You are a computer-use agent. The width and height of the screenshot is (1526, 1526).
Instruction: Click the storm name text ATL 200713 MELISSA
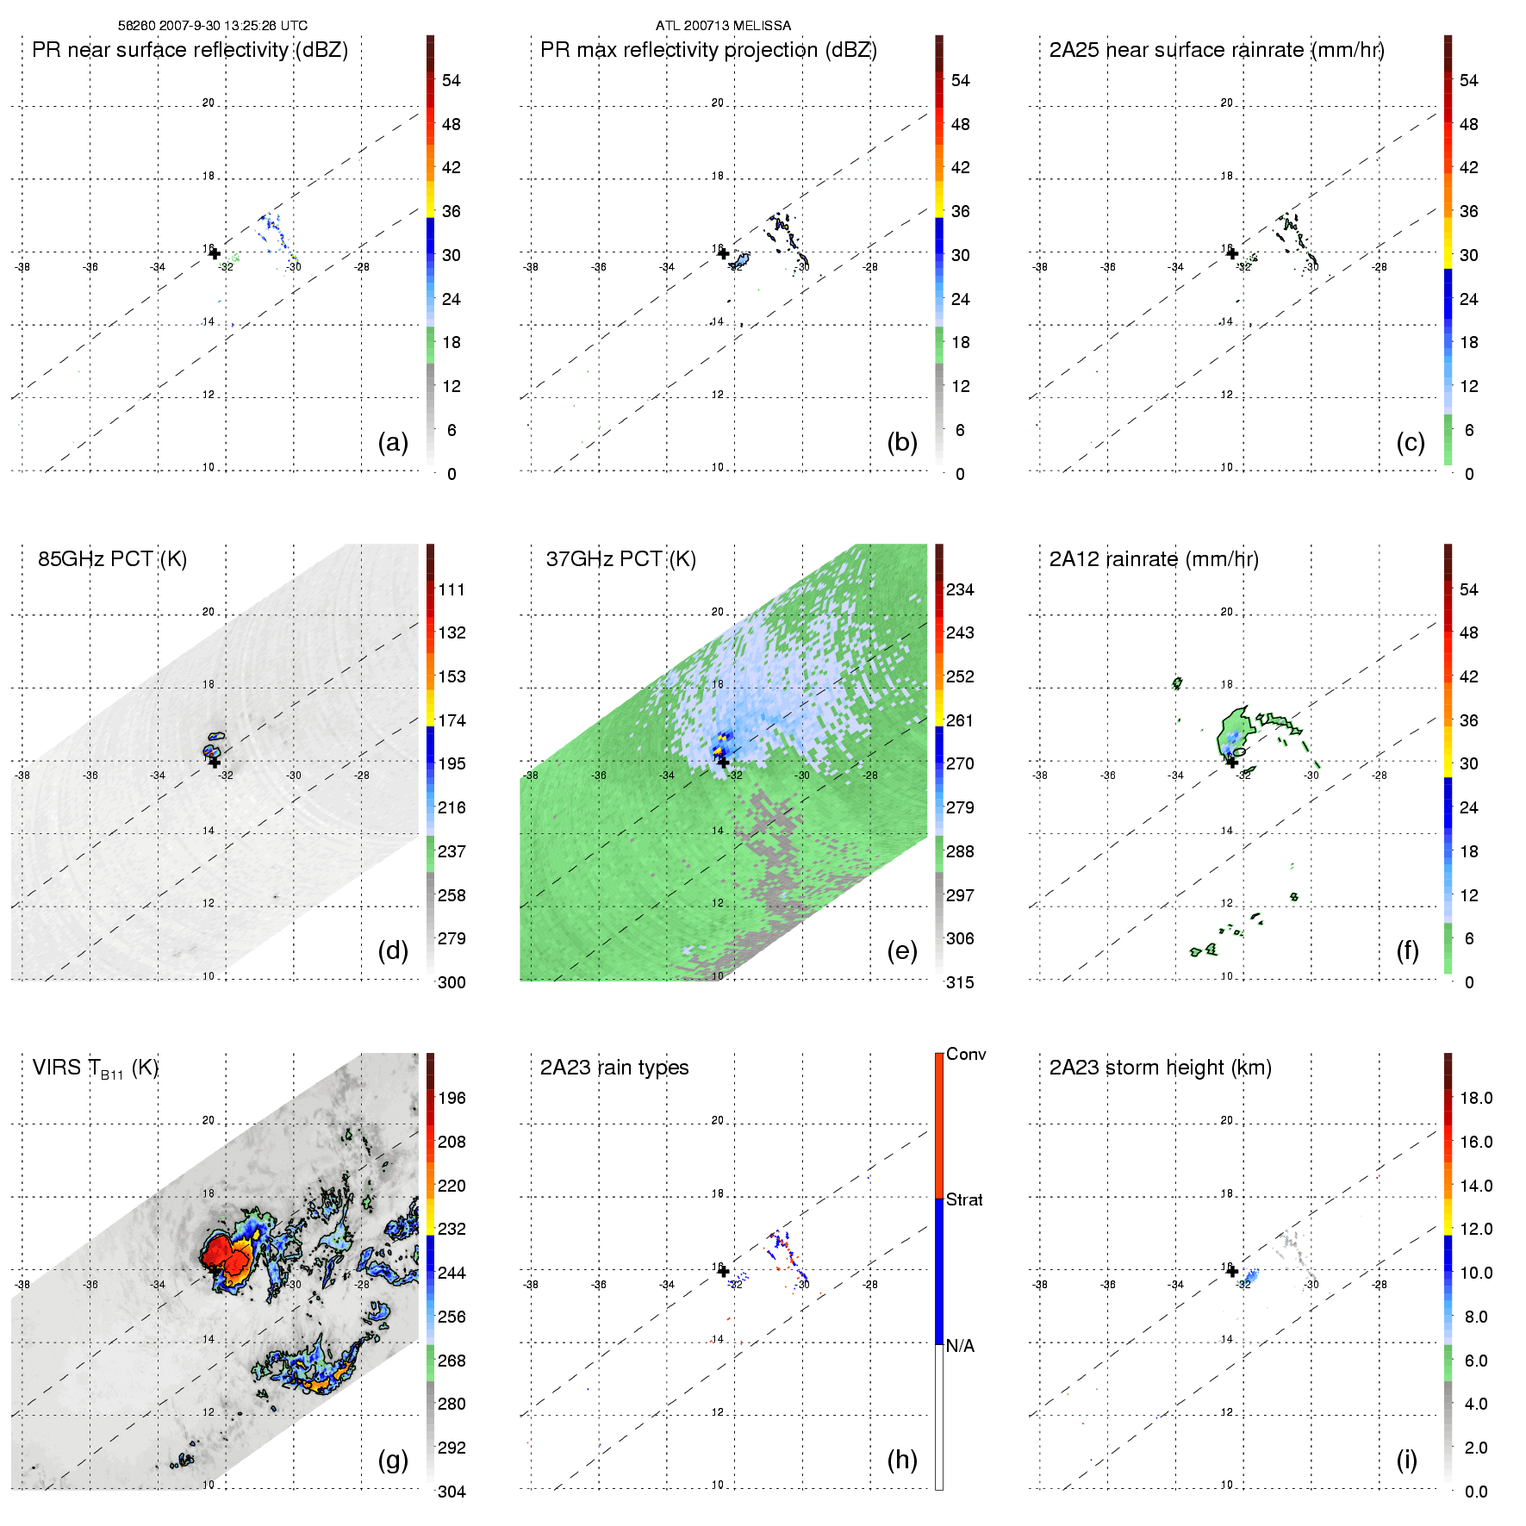click(x=723, y=26)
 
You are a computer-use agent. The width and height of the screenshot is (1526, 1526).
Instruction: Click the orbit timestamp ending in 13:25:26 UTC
click(x=213, y=26)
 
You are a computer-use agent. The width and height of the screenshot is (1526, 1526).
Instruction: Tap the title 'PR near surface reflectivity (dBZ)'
click(x=190, y=50)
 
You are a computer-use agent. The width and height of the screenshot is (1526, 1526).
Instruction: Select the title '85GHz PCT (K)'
click(x=112, y=559)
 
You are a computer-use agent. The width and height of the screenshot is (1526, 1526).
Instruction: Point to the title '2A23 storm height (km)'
click(x=1160, y=1068)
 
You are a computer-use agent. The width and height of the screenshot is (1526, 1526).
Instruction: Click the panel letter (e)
click(x=902, y=950)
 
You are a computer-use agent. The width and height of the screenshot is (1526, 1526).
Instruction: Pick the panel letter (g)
click(x=393, y=1460)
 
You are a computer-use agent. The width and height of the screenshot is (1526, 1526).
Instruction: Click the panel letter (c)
click(x=1411, y=442)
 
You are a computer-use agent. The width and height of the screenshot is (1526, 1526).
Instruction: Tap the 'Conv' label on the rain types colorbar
click(x=966, y=1054)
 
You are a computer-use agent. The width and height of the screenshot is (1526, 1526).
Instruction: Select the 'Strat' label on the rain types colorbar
click(x=964, y=1199)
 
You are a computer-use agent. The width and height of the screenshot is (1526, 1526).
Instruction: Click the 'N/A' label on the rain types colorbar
click(x=960, y=1346)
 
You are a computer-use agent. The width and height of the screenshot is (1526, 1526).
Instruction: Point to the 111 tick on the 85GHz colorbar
click(x=452, y=589)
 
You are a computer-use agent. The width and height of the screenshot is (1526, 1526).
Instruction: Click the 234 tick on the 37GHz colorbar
click(x=960, y=589)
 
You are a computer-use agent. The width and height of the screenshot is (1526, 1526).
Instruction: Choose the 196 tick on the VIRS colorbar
click(x=452, y=1098)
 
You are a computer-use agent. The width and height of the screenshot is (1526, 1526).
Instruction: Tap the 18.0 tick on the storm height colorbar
click(x=1476, y=1098)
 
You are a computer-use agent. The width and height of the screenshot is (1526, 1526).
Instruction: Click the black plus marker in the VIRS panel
click(x=215, y=1270)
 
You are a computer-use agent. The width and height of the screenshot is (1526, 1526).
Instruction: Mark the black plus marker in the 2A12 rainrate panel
click(x=1232, y=762)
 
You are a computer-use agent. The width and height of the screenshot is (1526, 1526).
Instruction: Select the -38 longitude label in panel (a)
click(x=22, y=267)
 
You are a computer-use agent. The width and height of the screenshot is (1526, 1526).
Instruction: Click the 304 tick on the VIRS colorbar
click(x=452, y=1492)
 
